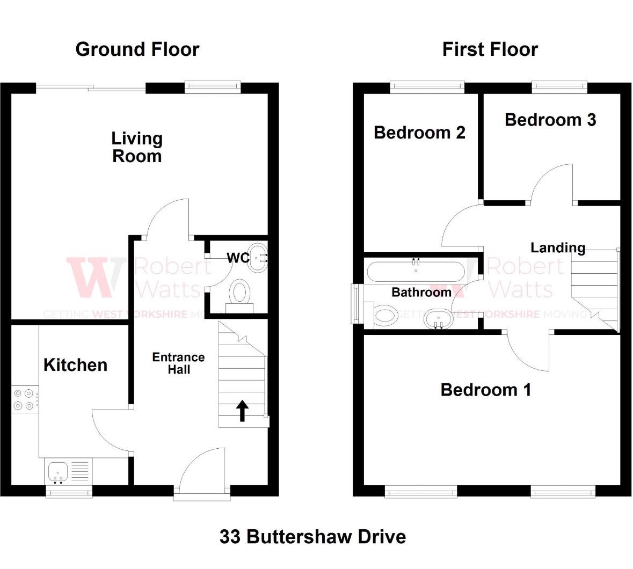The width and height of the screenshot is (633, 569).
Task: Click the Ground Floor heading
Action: tap(137, 49)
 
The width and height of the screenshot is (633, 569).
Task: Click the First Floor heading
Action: tap(490, 49)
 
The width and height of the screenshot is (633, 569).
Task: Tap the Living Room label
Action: tap(137, 147)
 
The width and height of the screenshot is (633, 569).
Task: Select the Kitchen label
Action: tap(76, 365)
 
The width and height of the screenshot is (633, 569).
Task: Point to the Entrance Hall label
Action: tap(178, 363)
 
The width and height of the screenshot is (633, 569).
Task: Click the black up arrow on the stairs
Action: tap(242, 411)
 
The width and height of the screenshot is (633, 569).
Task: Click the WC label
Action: tap(238, 258)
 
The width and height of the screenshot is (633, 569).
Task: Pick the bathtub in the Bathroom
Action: tap(416, 271)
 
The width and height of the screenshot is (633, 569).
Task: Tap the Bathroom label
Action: tap(421, 292)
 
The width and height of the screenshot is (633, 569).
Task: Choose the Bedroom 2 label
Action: tap(419, 133)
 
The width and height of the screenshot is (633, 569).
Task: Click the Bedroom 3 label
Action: tap(550, 120)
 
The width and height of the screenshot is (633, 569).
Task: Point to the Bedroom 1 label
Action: tap(486, 390)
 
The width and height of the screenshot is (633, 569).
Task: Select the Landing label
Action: tap(558, 248)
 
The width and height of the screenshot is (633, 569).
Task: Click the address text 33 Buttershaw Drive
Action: tap(313, 537)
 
